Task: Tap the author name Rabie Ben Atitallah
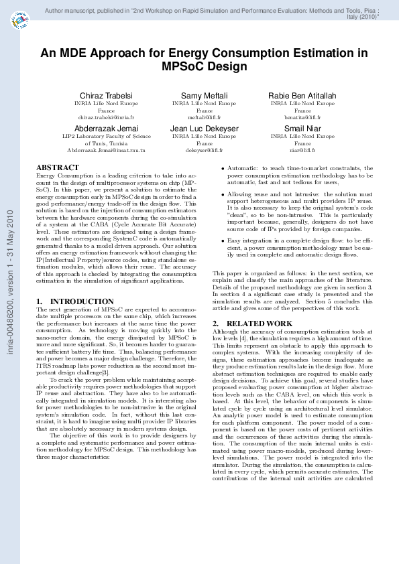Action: pos(302,96)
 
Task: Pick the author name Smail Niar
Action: pos(302,128)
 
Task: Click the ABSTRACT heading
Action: pos(57,167)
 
